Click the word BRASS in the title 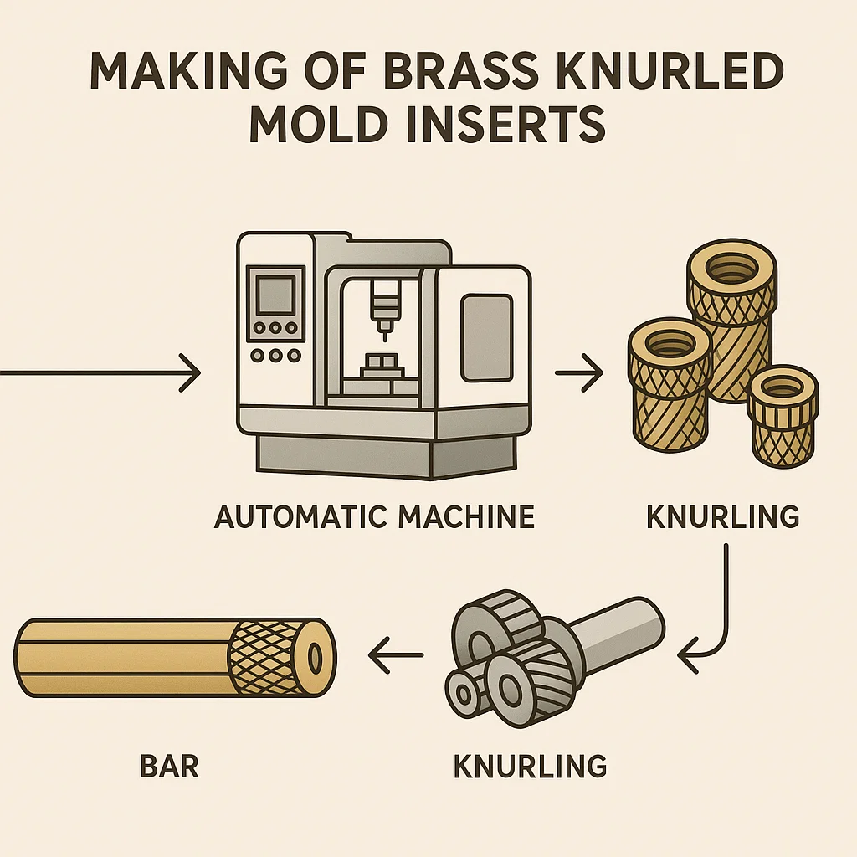click(x=444, y=74)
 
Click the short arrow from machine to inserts click(x=579, y=374)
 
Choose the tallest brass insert click(x=731, y=326)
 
